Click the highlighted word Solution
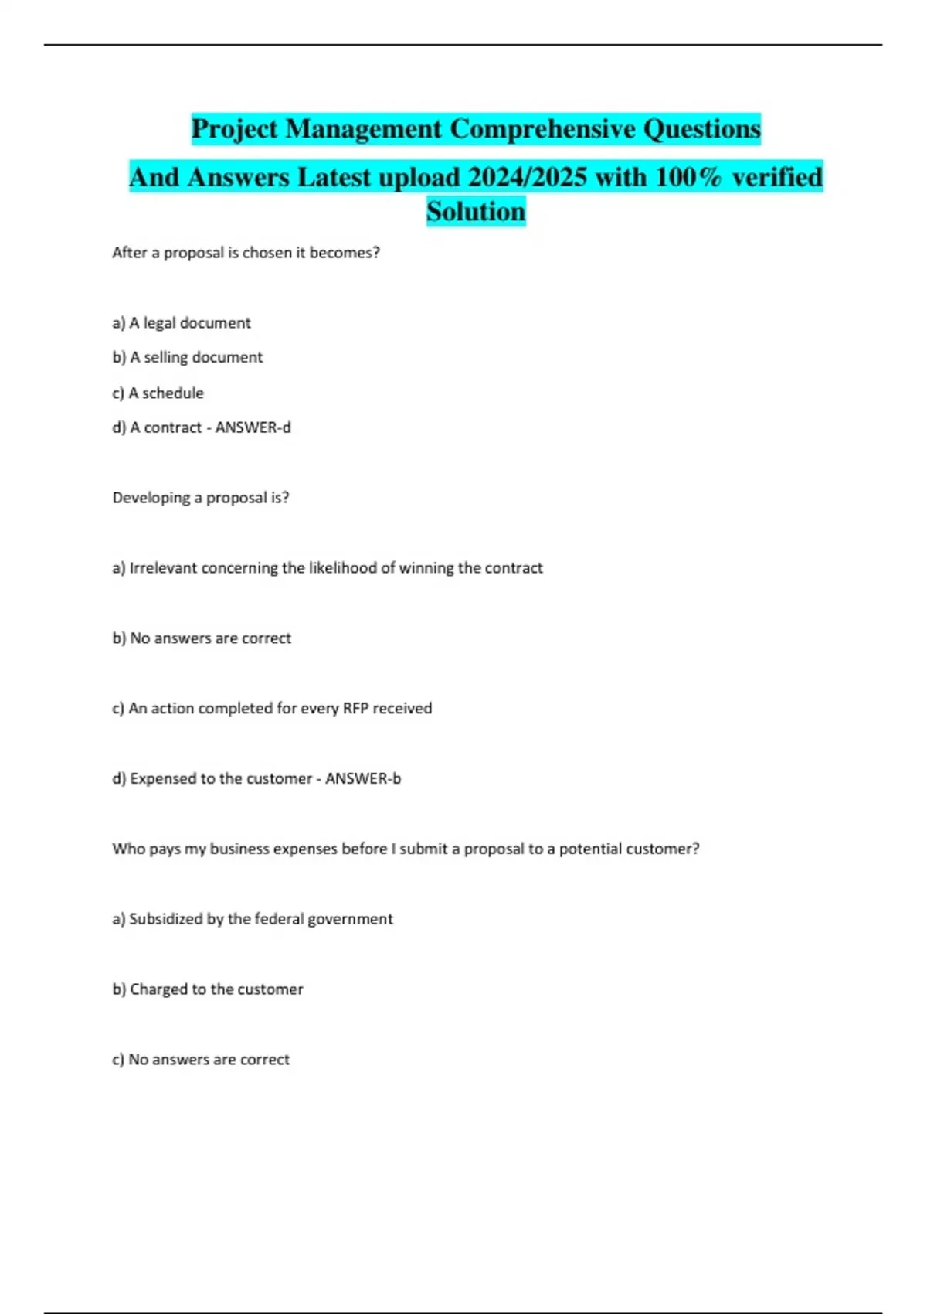(x=476, y=211)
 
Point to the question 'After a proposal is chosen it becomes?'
(x=246, y=253)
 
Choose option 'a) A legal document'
(x=182, y=323)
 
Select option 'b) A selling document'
(x=188, y=357)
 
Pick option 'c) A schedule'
(x=158, y=393)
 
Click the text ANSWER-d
(x=253, y=427)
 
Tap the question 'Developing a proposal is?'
(x=201, y=498)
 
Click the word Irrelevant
(x=163, y=568)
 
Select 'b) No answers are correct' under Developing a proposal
(x=202, y=638)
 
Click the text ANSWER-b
(x=363, y=779)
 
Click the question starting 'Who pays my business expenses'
(x=406, y=849)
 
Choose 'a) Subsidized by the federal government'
(x=253, y=919)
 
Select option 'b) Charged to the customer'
(x=208, y=989)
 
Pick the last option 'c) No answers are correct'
(x=201, y=1060)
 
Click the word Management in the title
(x=363, y=128)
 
